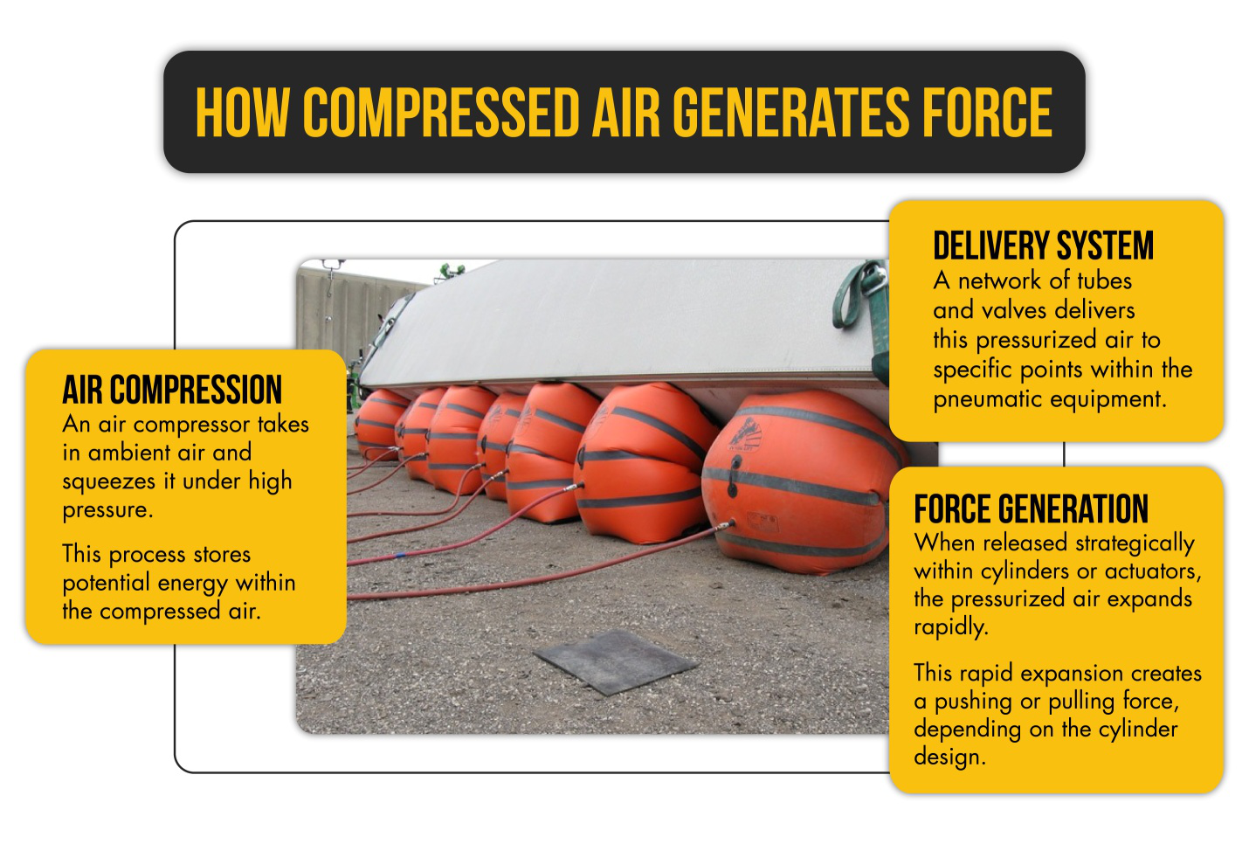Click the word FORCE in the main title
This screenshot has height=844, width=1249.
pos(987,113)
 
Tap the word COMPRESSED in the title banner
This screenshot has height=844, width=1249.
pos(441,113)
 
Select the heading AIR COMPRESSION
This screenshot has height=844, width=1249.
pos(172,390)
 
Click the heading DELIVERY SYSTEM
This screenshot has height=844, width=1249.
pos(1043,246)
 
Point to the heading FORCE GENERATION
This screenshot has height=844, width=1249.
pos(1031,509)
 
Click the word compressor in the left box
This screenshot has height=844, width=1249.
pos(189,425)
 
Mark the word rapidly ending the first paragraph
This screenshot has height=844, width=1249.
pos(949,627)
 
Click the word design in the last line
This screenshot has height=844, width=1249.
pos(948,757)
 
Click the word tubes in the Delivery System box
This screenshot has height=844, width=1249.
pos(1104,280)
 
